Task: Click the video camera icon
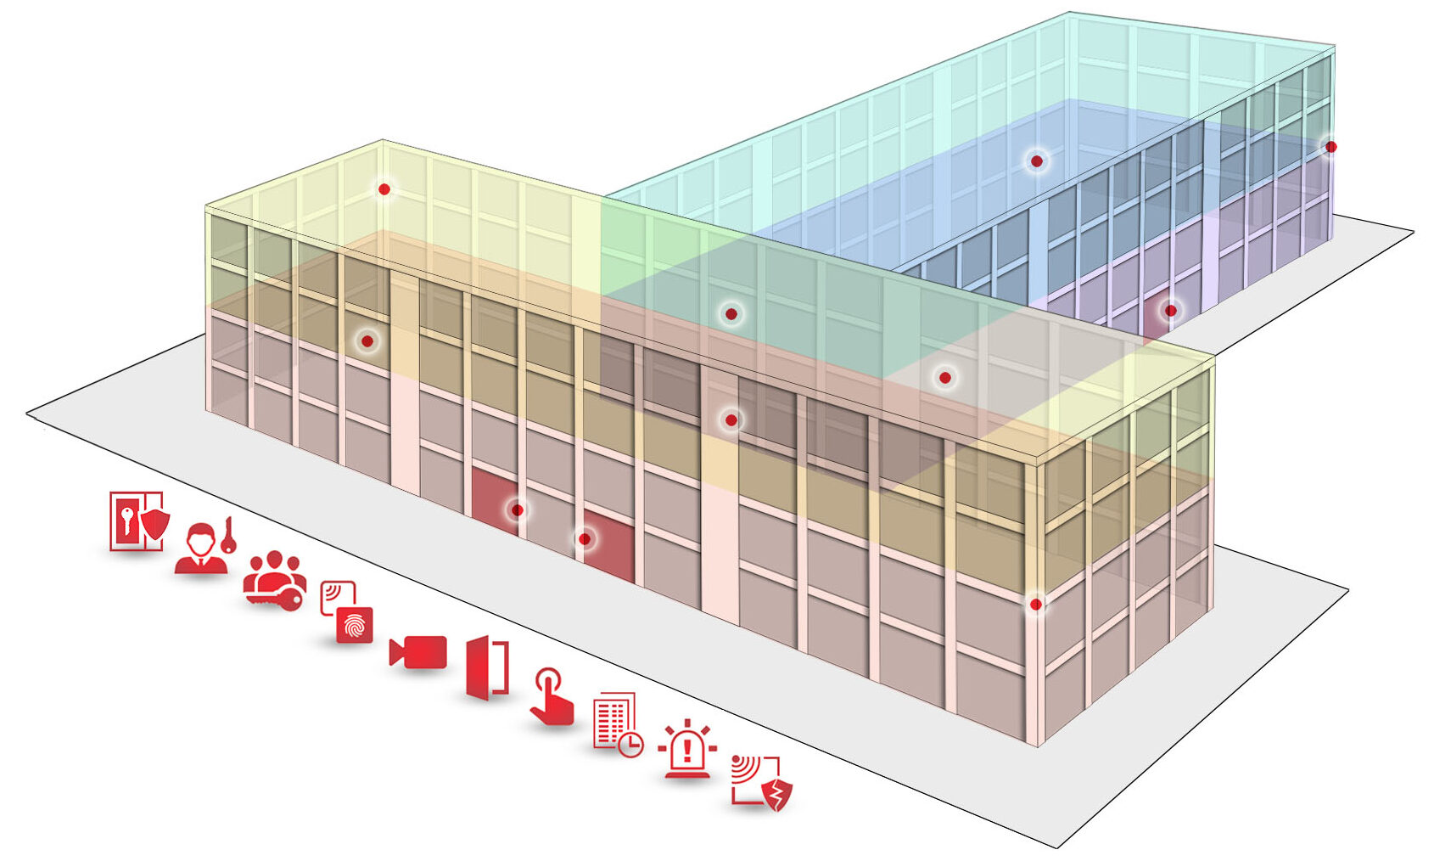(417, 652)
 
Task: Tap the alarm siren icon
(687, 749)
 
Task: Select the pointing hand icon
(552, 697)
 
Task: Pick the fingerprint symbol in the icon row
(354, 626)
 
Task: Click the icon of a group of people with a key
(274, 580)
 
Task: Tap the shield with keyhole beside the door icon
(154, 523)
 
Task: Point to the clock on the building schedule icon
(630, 746)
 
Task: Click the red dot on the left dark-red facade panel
(517, 510)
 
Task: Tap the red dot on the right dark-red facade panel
(585, 539)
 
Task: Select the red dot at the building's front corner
(1035, 605)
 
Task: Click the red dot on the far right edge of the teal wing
(1330, 147)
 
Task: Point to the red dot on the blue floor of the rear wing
(1036, 160)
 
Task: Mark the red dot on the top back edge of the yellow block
(384, 189)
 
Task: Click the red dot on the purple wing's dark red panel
(1170, 311)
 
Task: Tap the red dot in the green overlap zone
(731, 314)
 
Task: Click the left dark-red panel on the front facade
(496, 501)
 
